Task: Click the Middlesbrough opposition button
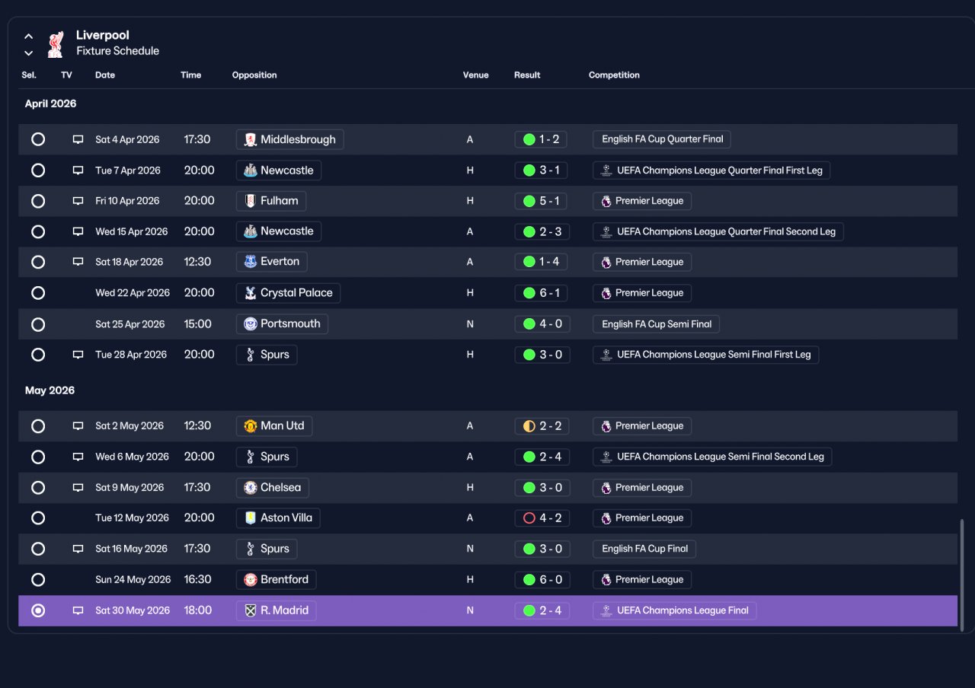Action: coord(290,139)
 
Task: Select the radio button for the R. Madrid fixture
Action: coord(38,610)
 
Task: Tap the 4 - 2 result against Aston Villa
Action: coord(542,518)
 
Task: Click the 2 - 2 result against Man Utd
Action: coord(542,426)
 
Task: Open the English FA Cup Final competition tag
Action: coord(644,549)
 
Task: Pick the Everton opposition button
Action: coord(272,262)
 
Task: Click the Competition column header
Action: coord(614,75)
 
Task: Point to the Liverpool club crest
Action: coord(56,44)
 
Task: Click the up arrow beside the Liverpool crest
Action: coord(29,37)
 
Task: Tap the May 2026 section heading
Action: coord(50,390)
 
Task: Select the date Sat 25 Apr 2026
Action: coord(130,324)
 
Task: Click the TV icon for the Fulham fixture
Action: coord(78,201)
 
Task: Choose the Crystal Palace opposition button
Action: coord(288,293)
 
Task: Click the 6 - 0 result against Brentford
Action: coord(542,580)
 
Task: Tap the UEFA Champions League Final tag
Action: coord(675,610)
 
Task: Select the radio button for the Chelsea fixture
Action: coord(38,488)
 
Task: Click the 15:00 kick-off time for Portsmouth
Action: coord(197,324)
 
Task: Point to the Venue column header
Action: coord(476,75)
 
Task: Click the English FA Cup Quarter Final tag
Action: coord(662,139)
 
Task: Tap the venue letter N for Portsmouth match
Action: coord(470,324)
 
